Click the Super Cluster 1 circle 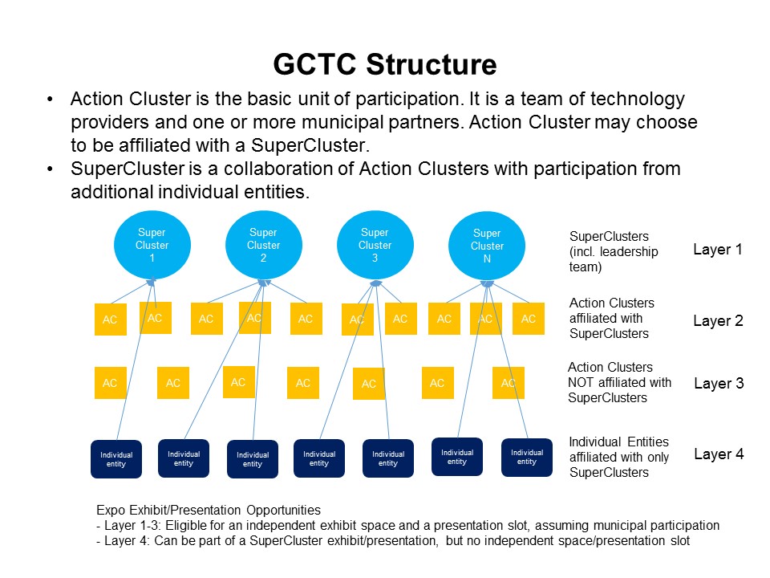[x=152, y=245]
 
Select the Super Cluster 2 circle [x=264, y=245]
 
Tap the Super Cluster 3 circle [x=375, y=245]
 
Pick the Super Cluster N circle [x=487, y=246]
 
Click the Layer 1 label [x=717, y=250]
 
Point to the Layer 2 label [x=718, y=321]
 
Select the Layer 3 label [x=719, y=384]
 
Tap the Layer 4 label [x=719, y=454]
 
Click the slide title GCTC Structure [x=385, y=64]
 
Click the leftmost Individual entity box [x=116, y=459]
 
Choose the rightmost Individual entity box [x=527, y=457]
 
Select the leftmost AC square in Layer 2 [x=111, y=320]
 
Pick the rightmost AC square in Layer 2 [x=529, y=319]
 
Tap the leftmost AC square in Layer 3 [x=111, y=382]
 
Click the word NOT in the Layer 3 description [x=581, y=383]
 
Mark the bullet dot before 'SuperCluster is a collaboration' [x=50, y=169]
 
